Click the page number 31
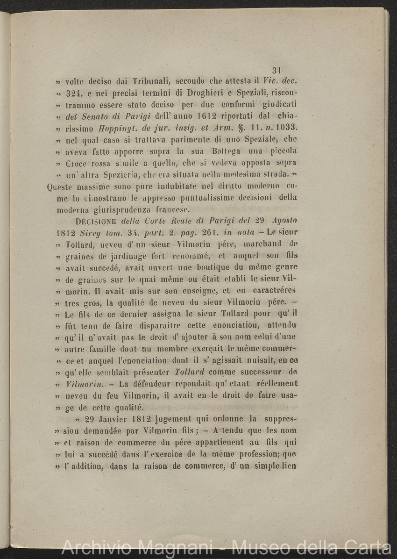coord(276,71)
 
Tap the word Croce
coord(77,163)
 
